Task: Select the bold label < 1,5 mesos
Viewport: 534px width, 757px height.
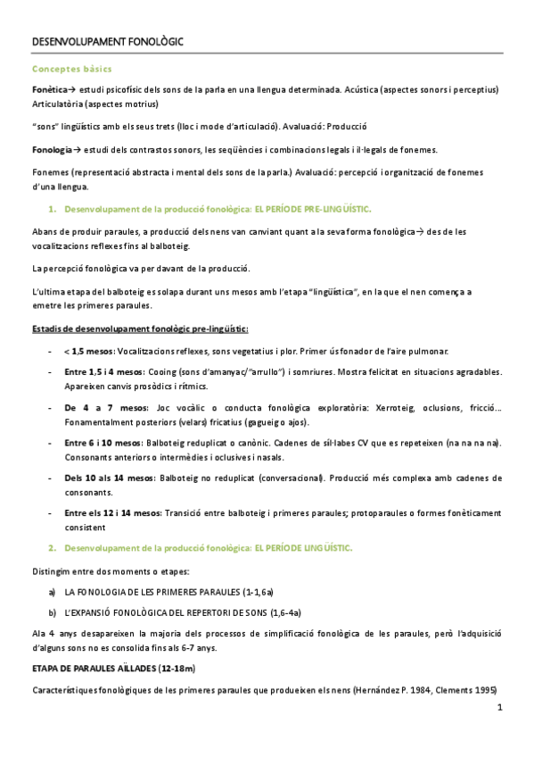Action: point(88,350)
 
